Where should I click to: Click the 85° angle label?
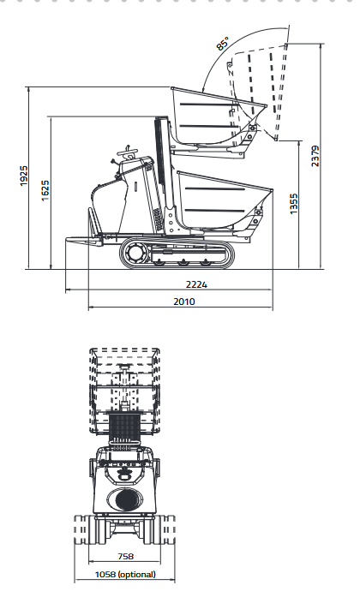click(222, 43)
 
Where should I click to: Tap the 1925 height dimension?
click(24, 176)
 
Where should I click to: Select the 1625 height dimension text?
click(45, 191)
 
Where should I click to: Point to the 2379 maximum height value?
click(315, 156)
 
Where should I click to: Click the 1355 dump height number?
click(294, 204)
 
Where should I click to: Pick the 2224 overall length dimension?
click(196, 284)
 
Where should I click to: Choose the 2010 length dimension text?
click(184, 302)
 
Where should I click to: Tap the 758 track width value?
click(125, 556)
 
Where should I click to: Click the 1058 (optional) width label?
click(125, 575)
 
